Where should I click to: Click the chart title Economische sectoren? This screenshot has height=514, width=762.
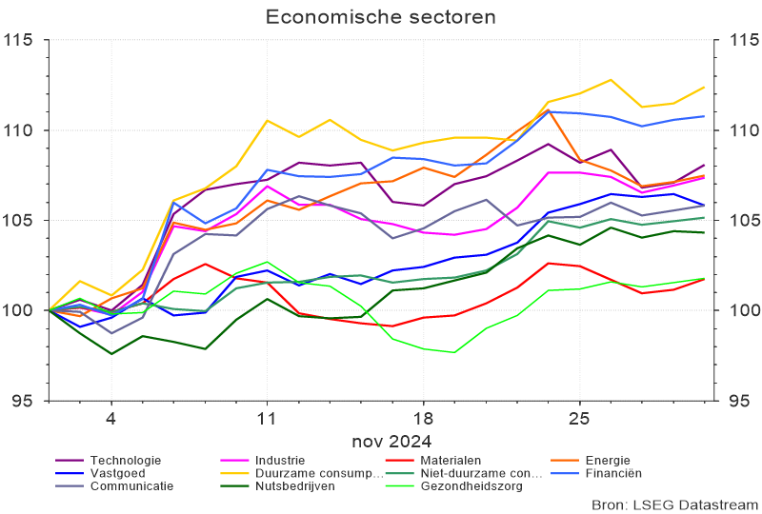pyautogui.click(x=380, y=17)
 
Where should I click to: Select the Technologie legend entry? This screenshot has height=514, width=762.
pyautogui.click(x=125, y=461)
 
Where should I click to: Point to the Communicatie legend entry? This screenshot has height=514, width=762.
pyautogui.click(x=131, y=485)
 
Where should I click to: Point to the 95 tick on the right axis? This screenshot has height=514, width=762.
pyautogui.click(x=738, y=401)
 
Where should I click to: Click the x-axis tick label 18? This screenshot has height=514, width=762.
pyautogui.click(x=423, y=420)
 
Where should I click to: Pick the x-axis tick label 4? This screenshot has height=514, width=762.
pyautogui.click(x=110, y=420)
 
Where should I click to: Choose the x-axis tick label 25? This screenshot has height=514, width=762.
pyautogui.click(x=579, y=420)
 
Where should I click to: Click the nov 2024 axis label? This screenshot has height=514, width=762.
pyautogui.click(x=391, y=441)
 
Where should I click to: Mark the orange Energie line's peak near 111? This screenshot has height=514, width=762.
pyautogui.click(x=549, y=110)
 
